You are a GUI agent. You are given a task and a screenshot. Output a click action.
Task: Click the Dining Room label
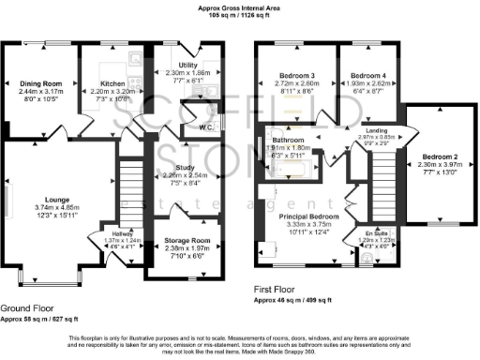tap(40, 83)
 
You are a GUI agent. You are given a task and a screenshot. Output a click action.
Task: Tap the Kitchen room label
tap(112, 83)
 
